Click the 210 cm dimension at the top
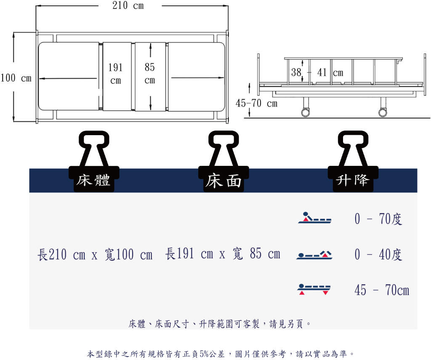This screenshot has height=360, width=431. pyautogui.click(x=128, y=5)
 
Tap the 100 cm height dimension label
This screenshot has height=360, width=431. pyautogui.click(x=16, y=78)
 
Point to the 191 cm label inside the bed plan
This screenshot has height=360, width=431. pyautogui.click(x=115, y=73)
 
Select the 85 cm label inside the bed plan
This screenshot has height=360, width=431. pyautogui.click(x=150, y=73)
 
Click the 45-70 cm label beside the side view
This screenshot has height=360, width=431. pyautogui.click(x=256, y=104)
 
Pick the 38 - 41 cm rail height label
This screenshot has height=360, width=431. pyautogui.click(x=317, y=72)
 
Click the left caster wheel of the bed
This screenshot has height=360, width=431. pyautogui.click(x=306, y=112)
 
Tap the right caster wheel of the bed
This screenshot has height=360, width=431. pyautogui.click(x=383, y=112)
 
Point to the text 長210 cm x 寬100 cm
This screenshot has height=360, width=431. pyautogui.click(x=95, y=254)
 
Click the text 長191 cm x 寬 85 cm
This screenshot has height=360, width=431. pyautogui.click(x=223, y=253)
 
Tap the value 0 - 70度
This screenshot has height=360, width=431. pyautogui.click(x=378, y=219)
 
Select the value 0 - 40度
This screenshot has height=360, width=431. pyautogui.click(x=378, y=254)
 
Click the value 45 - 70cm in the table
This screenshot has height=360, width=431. pyautogui.click(x=382, y=290)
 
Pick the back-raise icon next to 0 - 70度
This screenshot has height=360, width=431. pyautogui.click(x=315, y=217)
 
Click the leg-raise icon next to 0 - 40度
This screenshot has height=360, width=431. pyautogui.click(x=314, y=255)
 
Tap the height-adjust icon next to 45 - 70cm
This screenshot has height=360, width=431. pyautogui.click(x=314, y=289)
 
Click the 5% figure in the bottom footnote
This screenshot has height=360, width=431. pyautogui.click(x=204, y=354)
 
